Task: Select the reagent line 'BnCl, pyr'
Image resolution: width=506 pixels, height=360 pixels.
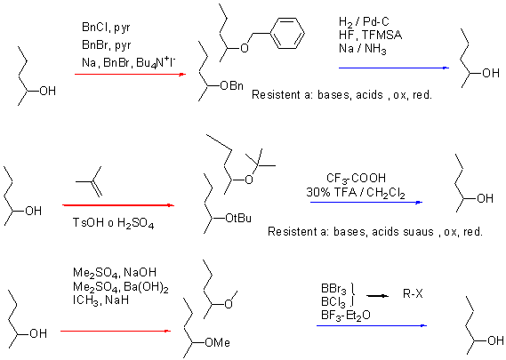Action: coord(106,28)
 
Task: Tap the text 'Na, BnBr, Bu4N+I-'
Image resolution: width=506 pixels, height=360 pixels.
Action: coord(129,62)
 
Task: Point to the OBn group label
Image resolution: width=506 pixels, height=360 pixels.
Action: coord(231,86)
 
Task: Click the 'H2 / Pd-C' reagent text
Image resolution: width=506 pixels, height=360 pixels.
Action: coord(364,22)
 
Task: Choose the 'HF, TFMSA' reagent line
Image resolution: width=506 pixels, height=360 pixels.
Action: coord(371,35)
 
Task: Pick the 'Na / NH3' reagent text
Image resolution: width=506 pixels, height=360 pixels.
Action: coord(363,49)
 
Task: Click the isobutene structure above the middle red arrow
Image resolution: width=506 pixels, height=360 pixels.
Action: coord(89,181)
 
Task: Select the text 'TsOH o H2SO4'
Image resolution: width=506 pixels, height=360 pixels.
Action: coord(113,223)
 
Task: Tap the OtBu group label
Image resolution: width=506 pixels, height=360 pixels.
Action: coord(238,219)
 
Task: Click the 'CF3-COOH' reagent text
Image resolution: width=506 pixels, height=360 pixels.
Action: coord(356,178)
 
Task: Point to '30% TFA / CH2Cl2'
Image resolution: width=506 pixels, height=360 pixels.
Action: coord(356,193)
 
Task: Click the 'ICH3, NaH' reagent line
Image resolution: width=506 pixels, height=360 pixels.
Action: coord(101,300)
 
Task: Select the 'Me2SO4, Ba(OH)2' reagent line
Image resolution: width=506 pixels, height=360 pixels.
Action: coord(121,287)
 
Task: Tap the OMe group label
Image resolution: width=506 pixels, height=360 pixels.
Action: coord(218,342)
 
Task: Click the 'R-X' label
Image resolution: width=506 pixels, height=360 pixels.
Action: coord(413,294)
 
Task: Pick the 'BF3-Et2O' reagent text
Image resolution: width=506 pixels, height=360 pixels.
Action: coord(346,315)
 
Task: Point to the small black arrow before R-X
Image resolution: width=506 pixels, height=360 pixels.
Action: coord(378,295)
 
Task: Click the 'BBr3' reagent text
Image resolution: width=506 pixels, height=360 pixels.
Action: coord(333,288)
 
